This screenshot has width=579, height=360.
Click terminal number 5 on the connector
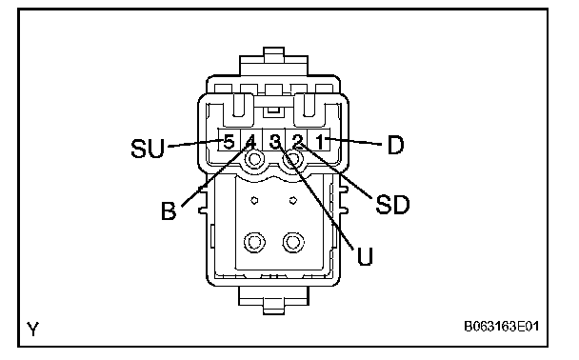[229, 141]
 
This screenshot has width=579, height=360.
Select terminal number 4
[250, 141]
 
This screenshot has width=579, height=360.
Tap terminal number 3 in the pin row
[275, 141]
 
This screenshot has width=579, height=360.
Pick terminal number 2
[298, 141]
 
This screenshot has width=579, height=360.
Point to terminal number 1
[320, 141]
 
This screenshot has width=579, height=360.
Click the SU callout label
[148, 148]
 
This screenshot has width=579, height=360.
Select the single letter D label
[395, 145]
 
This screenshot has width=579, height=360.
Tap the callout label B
[169, 210]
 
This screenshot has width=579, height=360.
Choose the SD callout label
[392, 204]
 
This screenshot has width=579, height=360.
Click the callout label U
[365, 256]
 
